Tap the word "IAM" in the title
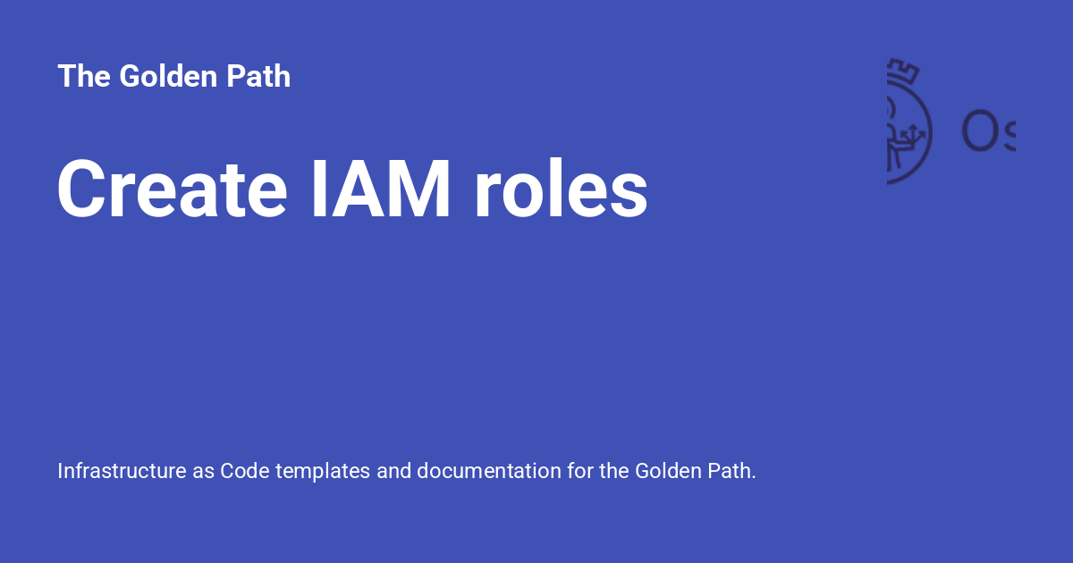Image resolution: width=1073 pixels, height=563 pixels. (x=381, y=189)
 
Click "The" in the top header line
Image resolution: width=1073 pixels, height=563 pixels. (x=83, y=77)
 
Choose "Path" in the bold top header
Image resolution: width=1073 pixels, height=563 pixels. (x=258, y=77)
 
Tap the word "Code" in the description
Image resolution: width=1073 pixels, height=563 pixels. (x=245, y=471)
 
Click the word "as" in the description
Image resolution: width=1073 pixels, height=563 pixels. (x=203, y=471)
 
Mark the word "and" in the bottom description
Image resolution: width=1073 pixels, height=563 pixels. (x=393, y=471)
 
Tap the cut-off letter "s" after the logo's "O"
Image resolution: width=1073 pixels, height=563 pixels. (x=1007, y=136)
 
